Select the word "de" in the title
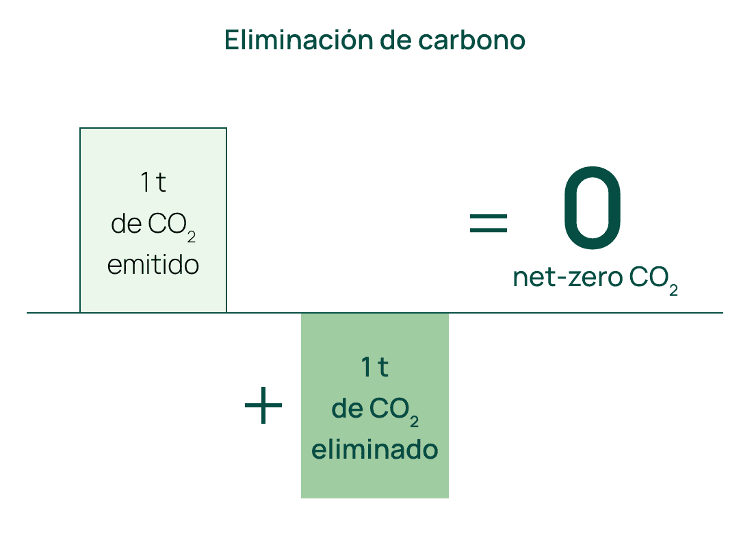[395, 40]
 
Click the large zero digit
[593, 207]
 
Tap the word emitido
[153, 265]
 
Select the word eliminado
[375, 450]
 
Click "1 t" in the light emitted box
[153, 183]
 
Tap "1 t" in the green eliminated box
[375, 368]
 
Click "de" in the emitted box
[126, 225]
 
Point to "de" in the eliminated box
[347, 409]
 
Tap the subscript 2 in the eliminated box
[415, 420]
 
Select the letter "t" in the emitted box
[161, 183]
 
